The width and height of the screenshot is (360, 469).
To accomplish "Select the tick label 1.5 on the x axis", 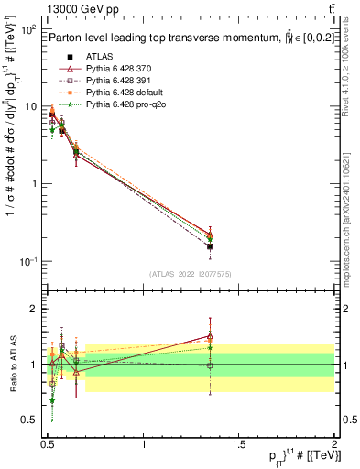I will tap(239, 443).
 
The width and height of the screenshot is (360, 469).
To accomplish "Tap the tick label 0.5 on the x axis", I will tap(48, 443).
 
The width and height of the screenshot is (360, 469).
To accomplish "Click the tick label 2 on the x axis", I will tap(334, 443).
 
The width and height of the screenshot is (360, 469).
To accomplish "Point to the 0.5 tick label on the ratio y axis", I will tap(30, 420).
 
